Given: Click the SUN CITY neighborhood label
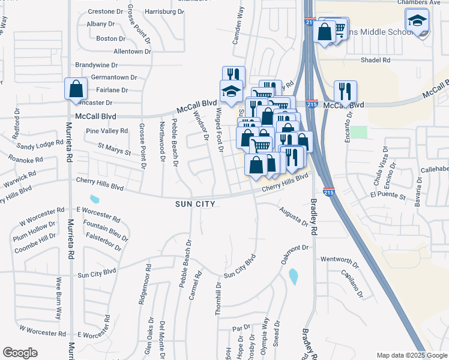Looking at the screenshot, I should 194,204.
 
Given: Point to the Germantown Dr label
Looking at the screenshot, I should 114,77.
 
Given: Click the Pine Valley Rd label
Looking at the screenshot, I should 107,130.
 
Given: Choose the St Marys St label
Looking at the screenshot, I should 114,148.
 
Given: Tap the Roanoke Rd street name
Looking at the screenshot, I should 26,160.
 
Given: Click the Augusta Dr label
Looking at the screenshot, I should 294,217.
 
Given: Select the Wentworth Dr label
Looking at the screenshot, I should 339,262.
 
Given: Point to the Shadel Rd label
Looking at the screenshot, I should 375,60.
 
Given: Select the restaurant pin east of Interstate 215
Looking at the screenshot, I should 345,91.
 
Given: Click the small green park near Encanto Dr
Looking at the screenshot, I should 358,131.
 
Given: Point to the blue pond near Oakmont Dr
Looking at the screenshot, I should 293,277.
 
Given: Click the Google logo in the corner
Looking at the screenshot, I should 20,353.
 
